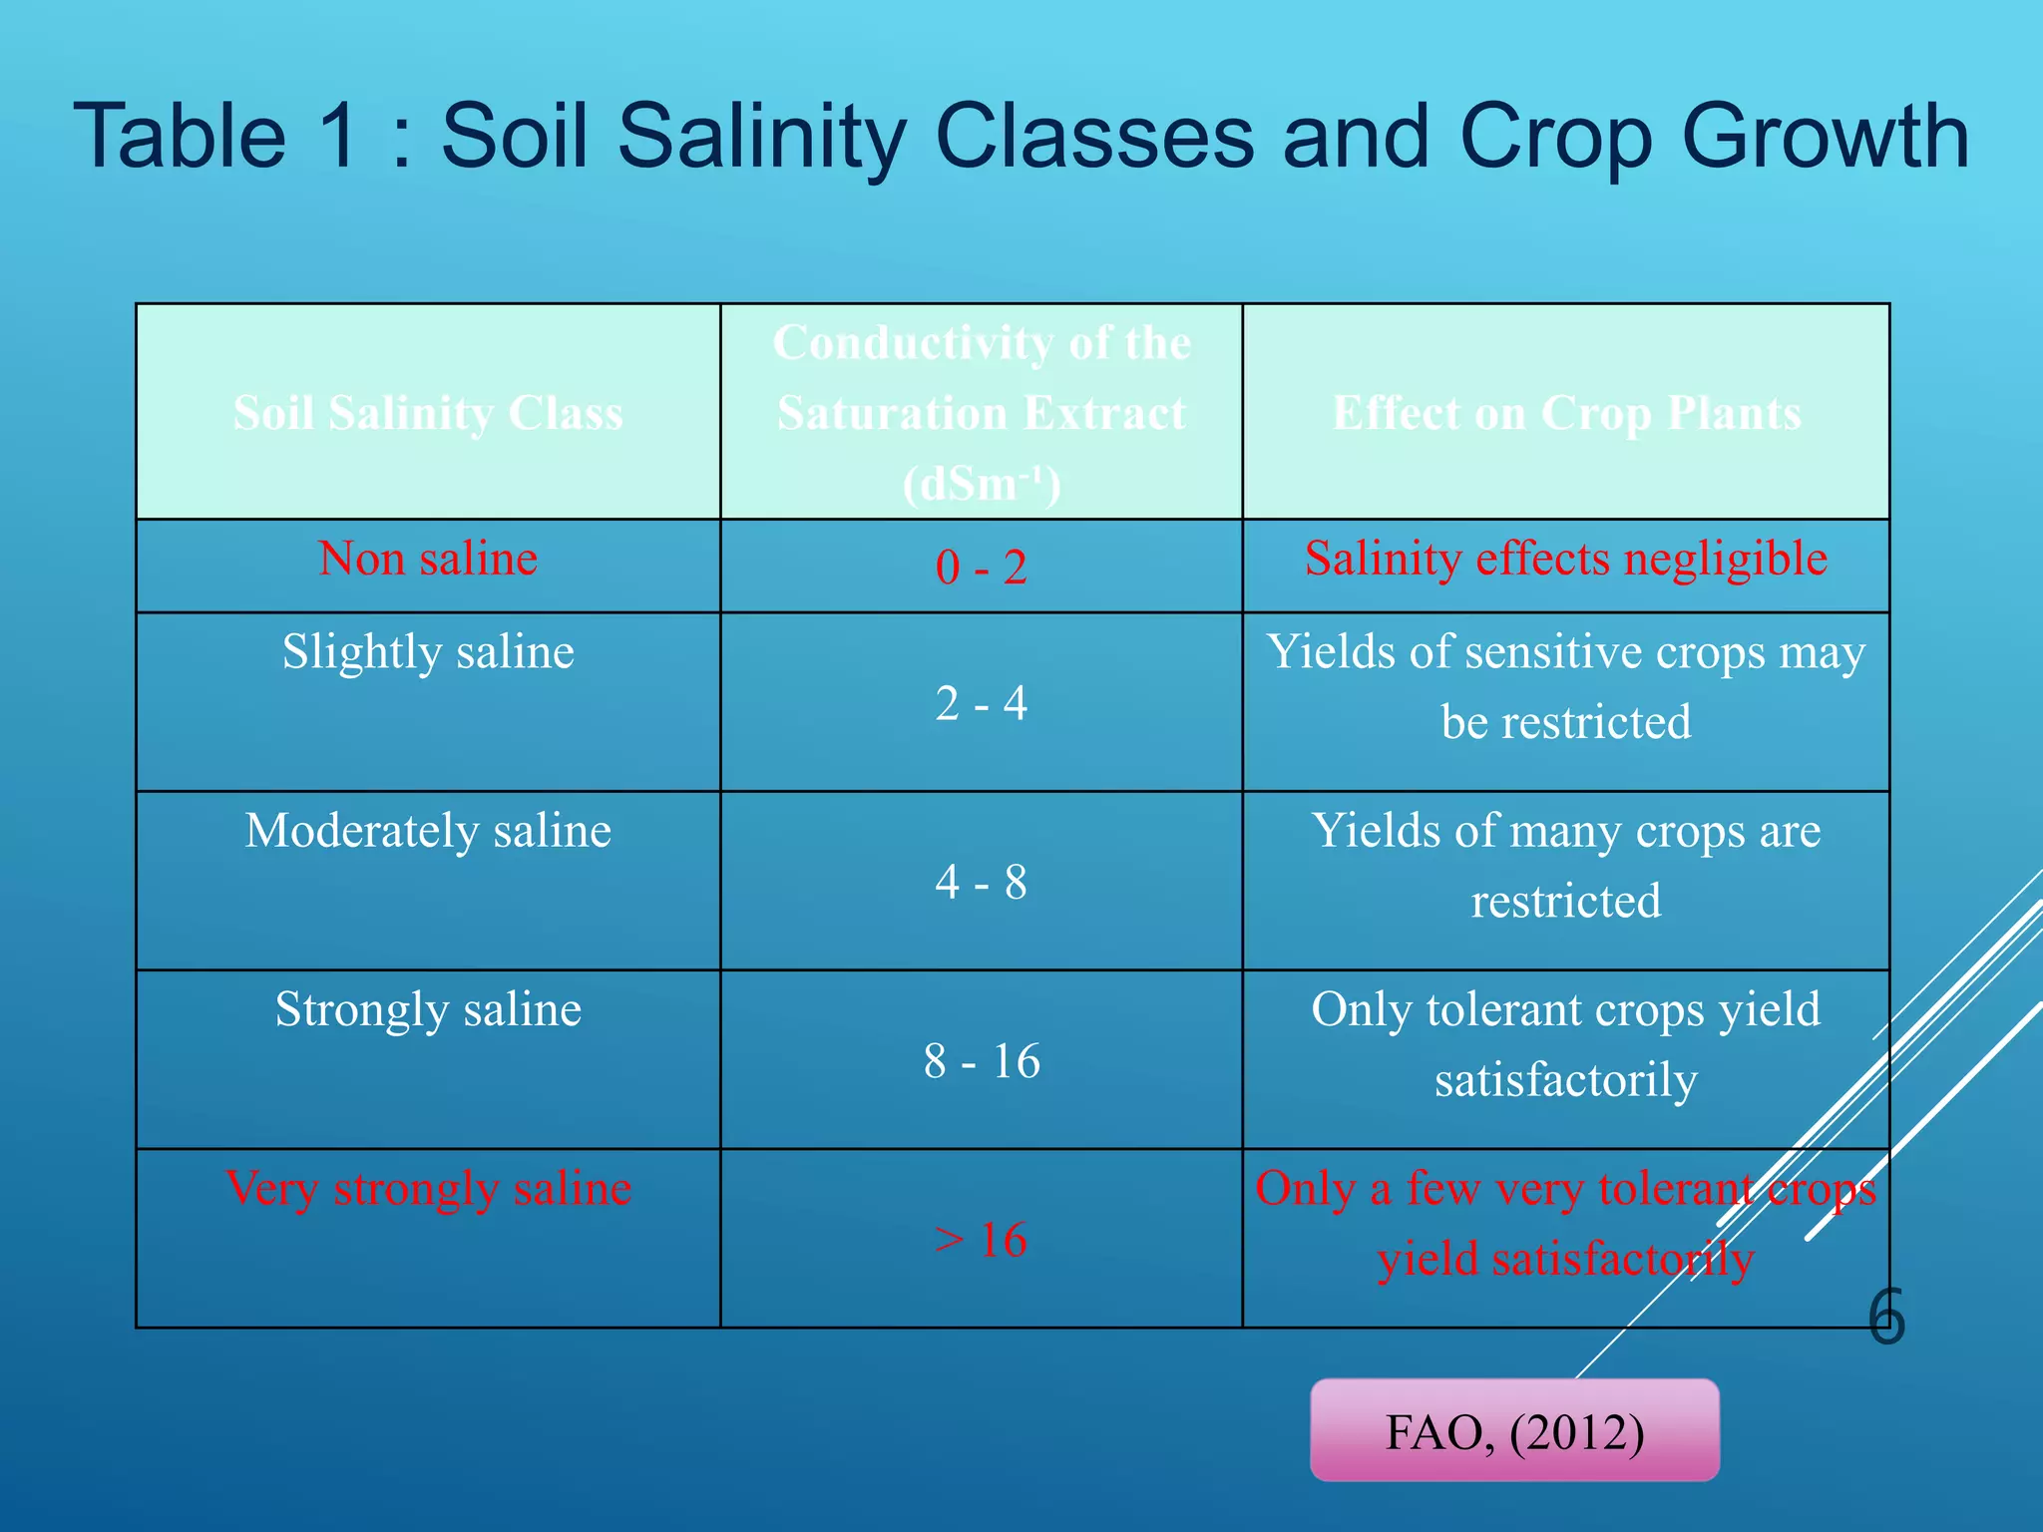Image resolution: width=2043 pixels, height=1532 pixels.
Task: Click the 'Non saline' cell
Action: (428, 559)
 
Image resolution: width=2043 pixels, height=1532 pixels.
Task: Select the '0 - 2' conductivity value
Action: (982, 568)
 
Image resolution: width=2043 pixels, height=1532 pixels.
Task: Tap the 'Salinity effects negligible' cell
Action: (1566, 559)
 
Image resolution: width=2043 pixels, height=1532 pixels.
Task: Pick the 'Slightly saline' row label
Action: (428, 652)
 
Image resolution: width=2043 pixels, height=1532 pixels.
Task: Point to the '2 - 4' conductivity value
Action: (982, 703)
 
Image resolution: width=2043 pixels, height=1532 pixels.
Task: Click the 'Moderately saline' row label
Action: (428, 831)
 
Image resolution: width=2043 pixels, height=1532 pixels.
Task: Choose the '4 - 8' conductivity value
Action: (982, 882)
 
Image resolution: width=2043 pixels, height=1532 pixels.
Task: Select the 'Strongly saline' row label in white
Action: (428, 1009)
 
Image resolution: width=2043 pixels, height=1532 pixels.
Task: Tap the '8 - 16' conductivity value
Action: (982, 1060)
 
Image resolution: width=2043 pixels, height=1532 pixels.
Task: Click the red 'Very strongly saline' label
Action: (428, 1188)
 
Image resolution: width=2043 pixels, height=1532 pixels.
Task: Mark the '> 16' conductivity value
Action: (982, 1240)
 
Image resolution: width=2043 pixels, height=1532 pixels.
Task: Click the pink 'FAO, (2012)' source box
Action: (1514, 1430)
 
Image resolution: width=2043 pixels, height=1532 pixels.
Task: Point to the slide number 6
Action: (1886, 1317)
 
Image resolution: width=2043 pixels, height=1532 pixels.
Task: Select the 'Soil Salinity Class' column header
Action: (428, 413)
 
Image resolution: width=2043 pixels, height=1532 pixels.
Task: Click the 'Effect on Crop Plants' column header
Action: (1566, 413)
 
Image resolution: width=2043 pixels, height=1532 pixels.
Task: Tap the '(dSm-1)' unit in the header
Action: (982, 485)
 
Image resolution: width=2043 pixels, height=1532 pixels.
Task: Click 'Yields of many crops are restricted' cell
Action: (1566, 866)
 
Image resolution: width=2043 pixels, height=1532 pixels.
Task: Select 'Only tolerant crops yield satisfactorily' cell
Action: (1566, 1044)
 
